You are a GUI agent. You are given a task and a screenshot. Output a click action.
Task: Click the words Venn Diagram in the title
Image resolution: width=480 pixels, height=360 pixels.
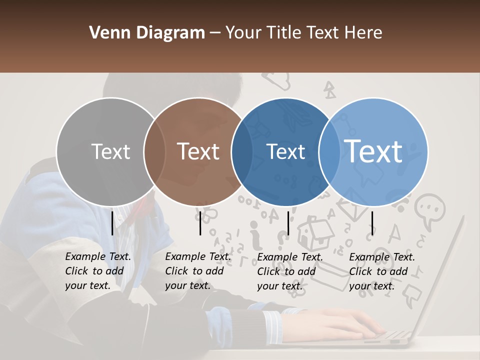(x=147, y=33)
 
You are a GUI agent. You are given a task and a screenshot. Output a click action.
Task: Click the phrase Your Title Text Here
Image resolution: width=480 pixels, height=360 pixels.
(x=303, y=33)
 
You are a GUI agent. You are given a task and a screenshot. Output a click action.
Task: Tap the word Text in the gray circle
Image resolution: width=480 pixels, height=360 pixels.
(x=110, y=151)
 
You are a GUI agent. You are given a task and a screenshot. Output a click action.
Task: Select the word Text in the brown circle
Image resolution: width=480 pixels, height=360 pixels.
(x=198, y=151)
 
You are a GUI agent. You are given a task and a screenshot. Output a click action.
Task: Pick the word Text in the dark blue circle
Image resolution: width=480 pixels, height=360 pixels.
(x=286, y=151)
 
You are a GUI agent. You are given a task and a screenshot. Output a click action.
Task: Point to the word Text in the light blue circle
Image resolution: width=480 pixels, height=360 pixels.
(x=373, y=151)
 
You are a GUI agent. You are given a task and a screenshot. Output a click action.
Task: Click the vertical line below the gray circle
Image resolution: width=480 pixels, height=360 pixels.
(x=112, y=223)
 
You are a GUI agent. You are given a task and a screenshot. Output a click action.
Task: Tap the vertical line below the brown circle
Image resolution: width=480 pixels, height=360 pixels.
(x=200, y=223)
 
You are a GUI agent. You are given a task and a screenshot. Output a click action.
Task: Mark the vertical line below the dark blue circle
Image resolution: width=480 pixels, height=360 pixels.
(x=288, y=223)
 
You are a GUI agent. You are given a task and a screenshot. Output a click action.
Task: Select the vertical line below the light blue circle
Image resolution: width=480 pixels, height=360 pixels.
(x=372, y=223)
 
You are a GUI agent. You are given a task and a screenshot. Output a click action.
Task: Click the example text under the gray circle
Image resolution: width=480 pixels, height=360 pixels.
(x=97, y=271)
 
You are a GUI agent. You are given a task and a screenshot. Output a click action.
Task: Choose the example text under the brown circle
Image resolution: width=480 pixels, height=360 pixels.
(x=197, y=271)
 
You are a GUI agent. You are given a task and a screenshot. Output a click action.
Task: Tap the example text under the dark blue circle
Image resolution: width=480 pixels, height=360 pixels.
(x=289, y=271)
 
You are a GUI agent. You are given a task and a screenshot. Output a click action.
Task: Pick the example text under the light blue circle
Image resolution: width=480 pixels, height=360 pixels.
(x=381, y=271)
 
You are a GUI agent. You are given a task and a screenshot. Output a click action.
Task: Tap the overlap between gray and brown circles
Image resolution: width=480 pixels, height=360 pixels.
(x=154, y=152)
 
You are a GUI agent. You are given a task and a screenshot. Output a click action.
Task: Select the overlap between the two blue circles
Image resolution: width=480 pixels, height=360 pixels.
(x=329, y=152)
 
